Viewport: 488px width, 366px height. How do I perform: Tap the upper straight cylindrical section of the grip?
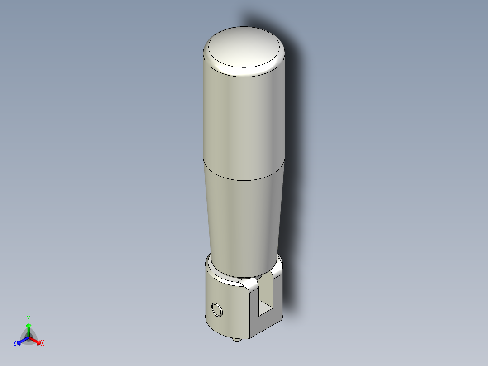[x=243, y=118]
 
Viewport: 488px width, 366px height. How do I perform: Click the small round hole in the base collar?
[x=217, y=310]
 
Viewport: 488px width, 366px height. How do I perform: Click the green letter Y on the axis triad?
[x=29, y=318]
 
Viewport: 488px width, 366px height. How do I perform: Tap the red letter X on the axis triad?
[x=43, y=343]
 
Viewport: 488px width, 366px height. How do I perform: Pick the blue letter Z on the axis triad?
[x=15, y=343]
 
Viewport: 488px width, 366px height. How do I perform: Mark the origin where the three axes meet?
[x=29, y=337]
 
